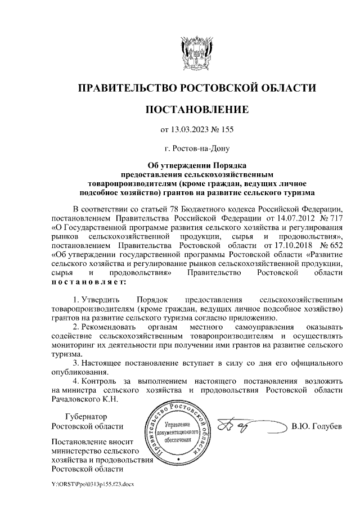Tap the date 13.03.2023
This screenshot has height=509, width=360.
[192, 130]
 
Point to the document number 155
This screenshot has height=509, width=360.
[226, 130]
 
